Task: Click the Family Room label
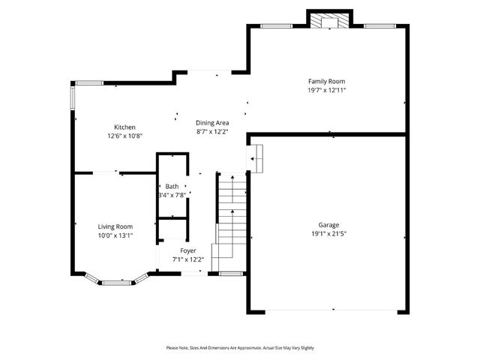pyautogui.click(x=326, y=81)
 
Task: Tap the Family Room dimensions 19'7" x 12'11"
pyautogui.click(x=326, y=90)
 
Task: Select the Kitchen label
pyautogui.click(x=124, y=127)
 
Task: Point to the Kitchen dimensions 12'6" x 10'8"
pyautogui.click(x=124, y=136)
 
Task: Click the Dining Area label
pyautogui.click(x=212, y=123)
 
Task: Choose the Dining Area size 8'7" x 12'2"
pyautogui.click(x=212, y=132)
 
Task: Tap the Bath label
pyautogui.click(x=172, y=186)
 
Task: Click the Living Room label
pyautogui.click(x=115, y=226)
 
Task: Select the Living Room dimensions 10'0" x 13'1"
pyautogui.click(x=115, y=235)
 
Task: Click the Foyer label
pyautogui.click(x=187, y=250)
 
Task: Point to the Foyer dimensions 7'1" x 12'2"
pyautogui.click(x=187, y=259)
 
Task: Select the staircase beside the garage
pyautogui.click(x=231, y=217)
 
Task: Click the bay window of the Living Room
pyautogui.click(x=115, y=283)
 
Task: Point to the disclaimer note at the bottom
pyautogui.click(x=240, y=348)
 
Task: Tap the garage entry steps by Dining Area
pyautogui.click(x=256, y=158)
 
